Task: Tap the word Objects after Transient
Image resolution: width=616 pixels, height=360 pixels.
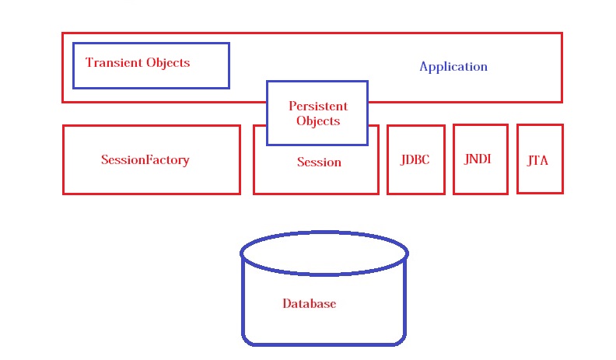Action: click(168, 63)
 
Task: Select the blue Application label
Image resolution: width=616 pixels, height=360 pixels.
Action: click(453, 67)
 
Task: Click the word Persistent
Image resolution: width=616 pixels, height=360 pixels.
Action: click(318, 106)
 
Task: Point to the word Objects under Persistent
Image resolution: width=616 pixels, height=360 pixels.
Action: click(318, 121)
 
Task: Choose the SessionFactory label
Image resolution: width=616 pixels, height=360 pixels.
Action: click(145, 160)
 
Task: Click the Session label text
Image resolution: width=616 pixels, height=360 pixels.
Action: click(319, 163)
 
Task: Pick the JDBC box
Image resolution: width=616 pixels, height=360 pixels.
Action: click(415, 159)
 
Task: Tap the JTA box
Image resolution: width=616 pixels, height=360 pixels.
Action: click(539, 159)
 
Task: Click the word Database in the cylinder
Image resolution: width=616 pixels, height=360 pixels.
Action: click(309, 304)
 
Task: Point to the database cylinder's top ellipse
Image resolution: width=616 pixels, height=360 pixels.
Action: click(324, 253)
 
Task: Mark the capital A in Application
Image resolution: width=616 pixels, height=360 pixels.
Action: click(424, 67)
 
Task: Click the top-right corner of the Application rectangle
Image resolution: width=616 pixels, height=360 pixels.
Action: click(561, 33)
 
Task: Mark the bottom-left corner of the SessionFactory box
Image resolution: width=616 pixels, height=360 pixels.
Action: click(64, 193)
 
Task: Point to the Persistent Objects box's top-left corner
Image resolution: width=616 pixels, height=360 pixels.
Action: click(268, 82)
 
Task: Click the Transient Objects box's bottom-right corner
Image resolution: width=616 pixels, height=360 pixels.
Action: click(229, 87)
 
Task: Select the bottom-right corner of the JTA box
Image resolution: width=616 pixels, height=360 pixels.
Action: click(562, 192)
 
